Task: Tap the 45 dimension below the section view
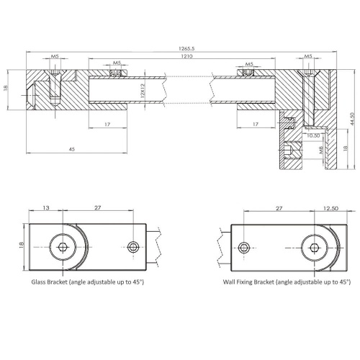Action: [x=72, y=149]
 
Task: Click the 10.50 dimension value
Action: [x=293, y=135]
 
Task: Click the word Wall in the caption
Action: [x=232, y=283]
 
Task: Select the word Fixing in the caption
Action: [x=253, y=283]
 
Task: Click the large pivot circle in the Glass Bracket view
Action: [x=64, y=247]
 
